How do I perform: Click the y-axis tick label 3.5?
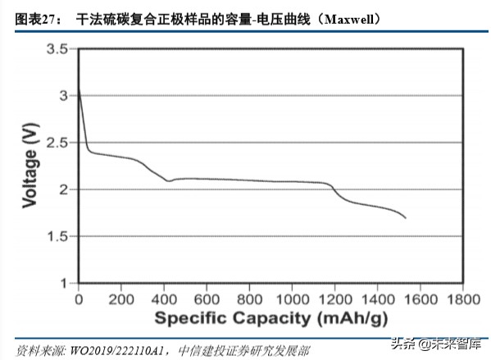pyautogui.click(x=55, y=50)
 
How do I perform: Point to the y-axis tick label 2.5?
pyautogui.click(x=55, y=144)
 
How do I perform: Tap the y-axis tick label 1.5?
pyautogui.click(x=55, y=237)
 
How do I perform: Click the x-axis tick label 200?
pyautogui.click(x=121, y=299)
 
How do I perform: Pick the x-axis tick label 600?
pyautogui.click(x=207, y=299)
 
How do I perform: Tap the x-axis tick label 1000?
pyautogui.click(x=292, y=299)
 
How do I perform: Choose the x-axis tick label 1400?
pyautogui.click(x=377, y=299)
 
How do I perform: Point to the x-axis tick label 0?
pyautogui.click(x=78, y=299)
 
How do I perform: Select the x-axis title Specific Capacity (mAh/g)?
pyautogui.click(x=269, y=318)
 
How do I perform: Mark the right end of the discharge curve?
pyautogui.click(x=405, y=218)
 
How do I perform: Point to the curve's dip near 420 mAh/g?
pyautogui.click(x=169, y=180)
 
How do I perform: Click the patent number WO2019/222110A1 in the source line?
pyautogui.click(x=111, y=349)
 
